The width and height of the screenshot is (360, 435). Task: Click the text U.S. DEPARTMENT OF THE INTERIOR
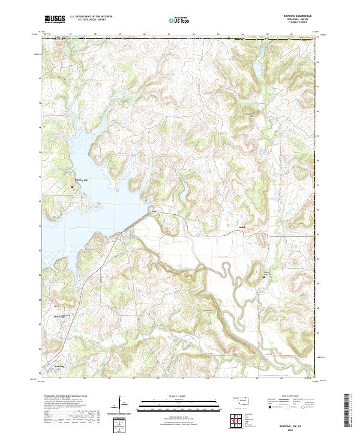(x=91, y=16)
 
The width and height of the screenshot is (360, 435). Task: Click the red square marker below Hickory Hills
(x=73, y=187)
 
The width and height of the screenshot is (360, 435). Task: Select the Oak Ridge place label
(x=58, y=316)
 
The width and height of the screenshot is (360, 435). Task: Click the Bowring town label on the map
(x=59, y=365)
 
